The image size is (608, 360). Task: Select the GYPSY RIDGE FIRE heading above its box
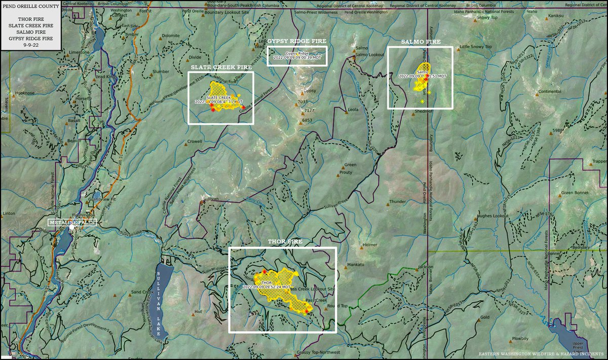tap(296, 41)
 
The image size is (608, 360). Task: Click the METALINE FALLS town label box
tap(71, 222)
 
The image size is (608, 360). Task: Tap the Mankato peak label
tap(356, 265)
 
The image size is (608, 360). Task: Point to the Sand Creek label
tap(142, 292)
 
